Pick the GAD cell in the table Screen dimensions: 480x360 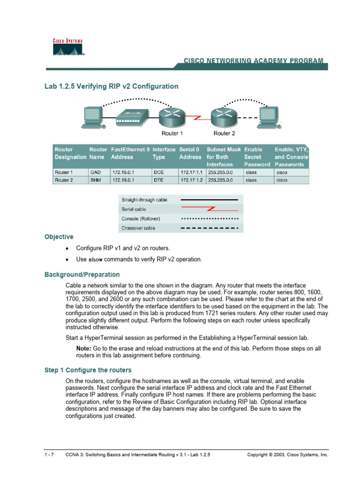pyautogui.click(x=95, y=172)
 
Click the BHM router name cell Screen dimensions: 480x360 pyautogui.click(x=95, y=180)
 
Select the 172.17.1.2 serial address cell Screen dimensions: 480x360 pyautogui.click(x=191, y=180)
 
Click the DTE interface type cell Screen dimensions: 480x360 pyautogui.click(x=159, y=180)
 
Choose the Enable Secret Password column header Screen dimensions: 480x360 pyautogui.click(x=257, y=157)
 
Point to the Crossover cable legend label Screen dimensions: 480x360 pyautogui.click(x=138, y=228)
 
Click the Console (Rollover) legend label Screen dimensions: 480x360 pyautogui.click(x=141, y=218)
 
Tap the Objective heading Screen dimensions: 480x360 pyautogui.click(x=59, y=237)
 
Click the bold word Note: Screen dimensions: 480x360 pyautogui.click(x=84, y=349)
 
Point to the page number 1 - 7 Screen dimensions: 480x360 pyautogui.click(x=49, y=455)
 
